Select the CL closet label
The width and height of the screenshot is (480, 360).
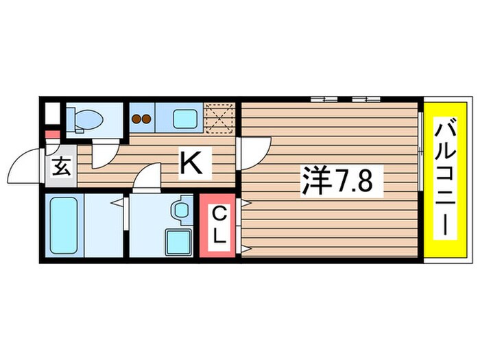(217, 226)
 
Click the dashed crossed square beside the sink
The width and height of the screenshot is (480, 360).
(221, 117)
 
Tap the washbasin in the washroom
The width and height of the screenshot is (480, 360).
(182, 207)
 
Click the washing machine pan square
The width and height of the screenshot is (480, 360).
(178, 241)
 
